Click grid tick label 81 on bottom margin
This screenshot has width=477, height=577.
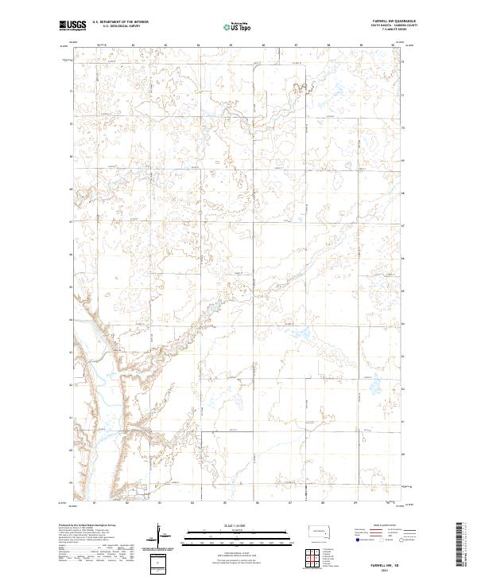[95, 502]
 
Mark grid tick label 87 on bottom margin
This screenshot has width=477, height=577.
[291, 502]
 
